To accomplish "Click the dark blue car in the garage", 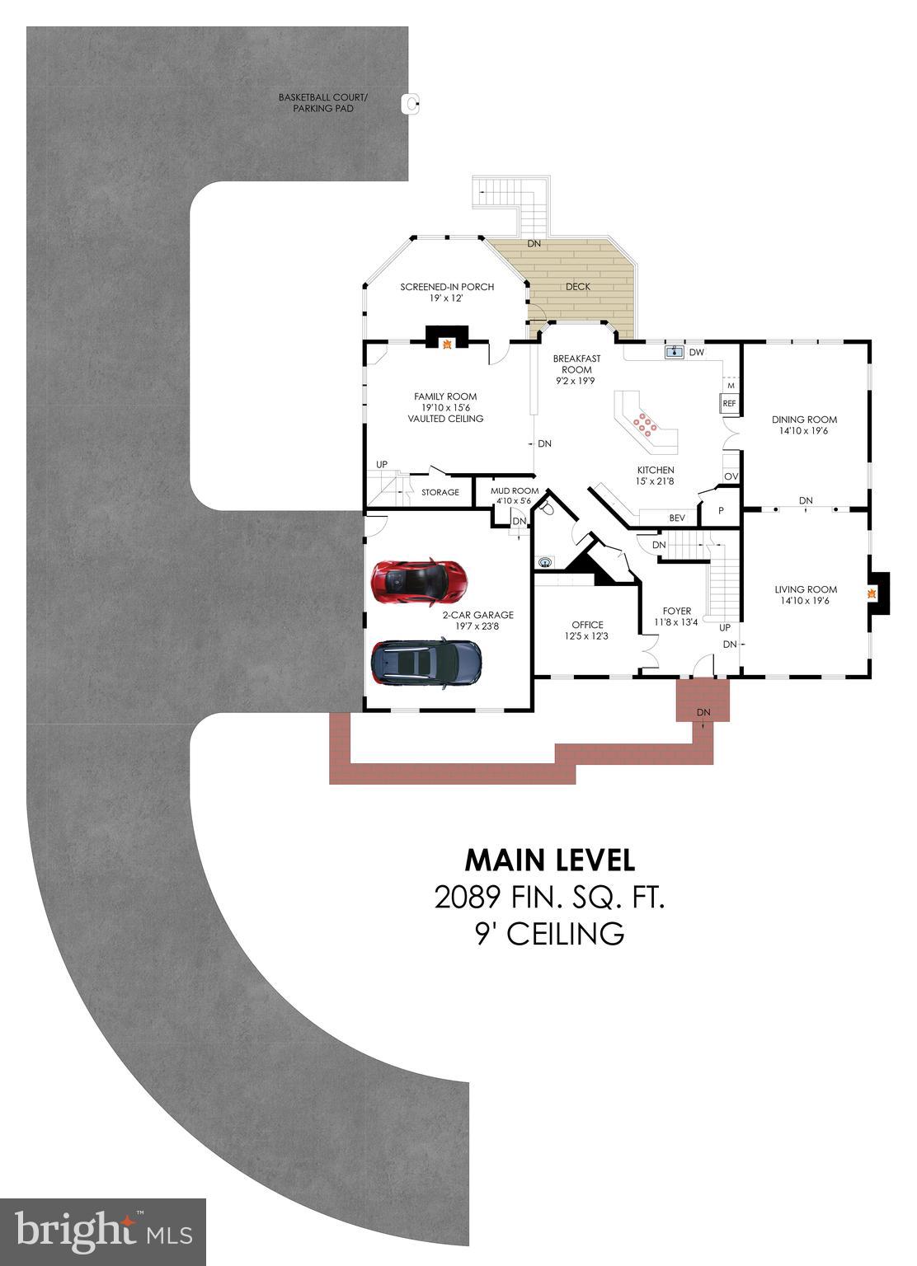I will (426, 663).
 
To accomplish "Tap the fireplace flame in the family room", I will (447, 344).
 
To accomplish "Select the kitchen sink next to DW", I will (675, 352).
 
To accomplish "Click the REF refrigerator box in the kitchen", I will (729, 404).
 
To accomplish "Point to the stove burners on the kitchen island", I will (645, 424).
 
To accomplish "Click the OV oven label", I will (731, 477).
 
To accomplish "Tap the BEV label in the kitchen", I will (677, 518).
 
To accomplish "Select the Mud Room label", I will (515, 491).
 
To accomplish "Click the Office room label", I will (587, 625).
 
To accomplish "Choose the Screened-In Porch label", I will (447, 287).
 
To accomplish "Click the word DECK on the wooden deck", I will (577, 287).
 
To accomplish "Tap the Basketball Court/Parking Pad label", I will (323, 103).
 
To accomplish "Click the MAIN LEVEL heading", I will (550, 860).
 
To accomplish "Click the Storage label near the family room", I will (440, 492).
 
